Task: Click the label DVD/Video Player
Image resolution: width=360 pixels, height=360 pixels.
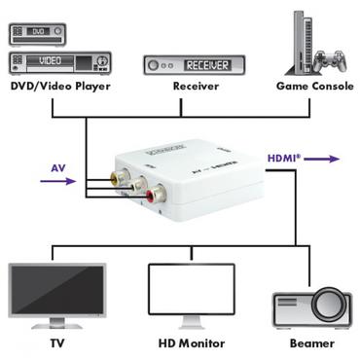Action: click(x=60, y=88)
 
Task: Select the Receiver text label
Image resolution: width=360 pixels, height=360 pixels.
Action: click(x=195, y=88)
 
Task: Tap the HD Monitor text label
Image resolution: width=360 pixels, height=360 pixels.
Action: click(x=192, y=342)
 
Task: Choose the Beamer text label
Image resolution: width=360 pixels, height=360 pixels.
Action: click(x=311, y=342)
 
